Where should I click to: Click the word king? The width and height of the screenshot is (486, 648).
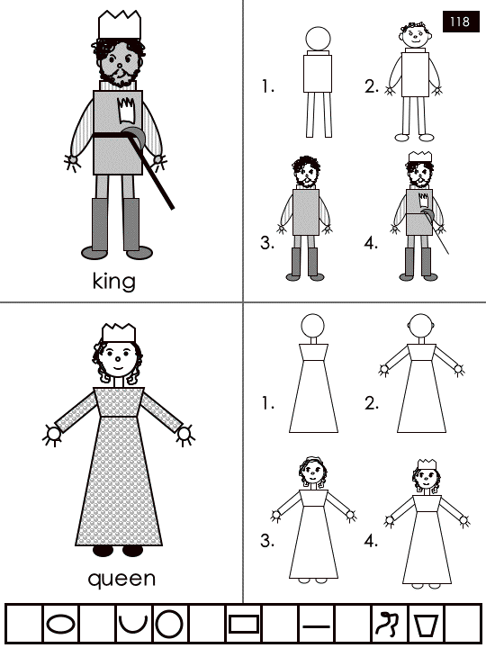[113, 282]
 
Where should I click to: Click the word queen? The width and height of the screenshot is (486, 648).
[121, 579]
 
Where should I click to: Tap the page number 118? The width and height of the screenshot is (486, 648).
[460, 22]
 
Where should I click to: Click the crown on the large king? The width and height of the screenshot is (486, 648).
[120, 25]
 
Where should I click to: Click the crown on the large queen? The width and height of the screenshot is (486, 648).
[119, 333]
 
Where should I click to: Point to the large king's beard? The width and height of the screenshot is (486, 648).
[119, 77]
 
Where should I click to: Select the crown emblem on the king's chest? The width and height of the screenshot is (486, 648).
[127, 110]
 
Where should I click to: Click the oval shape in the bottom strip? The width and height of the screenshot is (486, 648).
[60, 623]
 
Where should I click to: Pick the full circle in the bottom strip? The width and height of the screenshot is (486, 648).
[168, 623]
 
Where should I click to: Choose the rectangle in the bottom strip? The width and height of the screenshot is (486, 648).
[244, 624]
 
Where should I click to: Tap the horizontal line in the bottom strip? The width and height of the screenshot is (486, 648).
[316, 626]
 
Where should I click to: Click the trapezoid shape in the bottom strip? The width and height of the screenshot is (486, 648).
[426, 625]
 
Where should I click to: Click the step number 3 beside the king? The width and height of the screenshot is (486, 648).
[267, 243]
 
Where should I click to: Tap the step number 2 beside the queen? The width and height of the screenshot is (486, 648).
[371, 403]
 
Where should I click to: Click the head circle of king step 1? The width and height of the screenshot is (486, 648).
[318, 40]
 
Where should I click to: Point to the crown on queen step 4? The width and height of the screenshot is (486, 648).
[427, 464]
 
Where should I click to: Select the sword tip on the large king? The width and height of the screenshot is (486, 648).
[172, 208]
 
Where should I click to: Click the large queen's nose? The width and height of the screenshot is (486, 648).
[118, 358]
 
